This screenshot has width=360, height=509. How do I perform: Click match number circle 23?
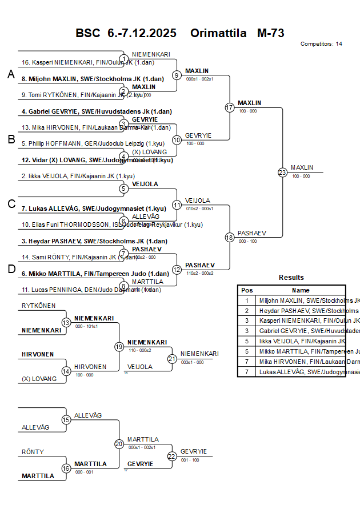coord(282,172)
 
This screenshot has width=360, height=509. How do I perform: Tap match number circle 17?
coord(230,107)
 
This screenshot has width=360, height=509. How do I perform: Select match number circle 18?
coord(230,237)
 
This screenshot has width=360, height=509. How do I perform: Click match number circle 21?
coord(172,359)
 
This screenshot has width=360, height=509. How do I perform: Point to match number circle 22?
coord(172,456)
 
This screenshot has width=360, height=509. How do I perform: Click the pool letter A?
coord(10,74)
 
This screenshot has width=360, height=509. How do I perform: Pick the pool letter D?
coord(10,269)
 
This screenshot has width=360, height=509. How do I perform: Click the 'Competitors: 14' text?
coord(321,44)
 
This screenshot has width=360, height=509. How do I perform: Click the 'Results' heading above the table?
coord(291,278)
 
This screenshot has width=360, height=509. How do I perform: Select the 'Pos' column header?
coord(247,290)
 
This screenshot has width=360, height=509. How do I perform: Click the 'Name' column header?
coord(301,290)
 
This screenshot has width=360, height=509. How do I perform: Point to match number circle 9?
coord(177,75)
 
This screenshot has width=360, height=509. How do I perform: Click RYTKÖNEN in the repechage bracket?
coord(39,306)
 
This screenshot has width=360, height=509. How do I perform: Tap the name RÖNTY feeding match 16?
coord(33,452)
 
